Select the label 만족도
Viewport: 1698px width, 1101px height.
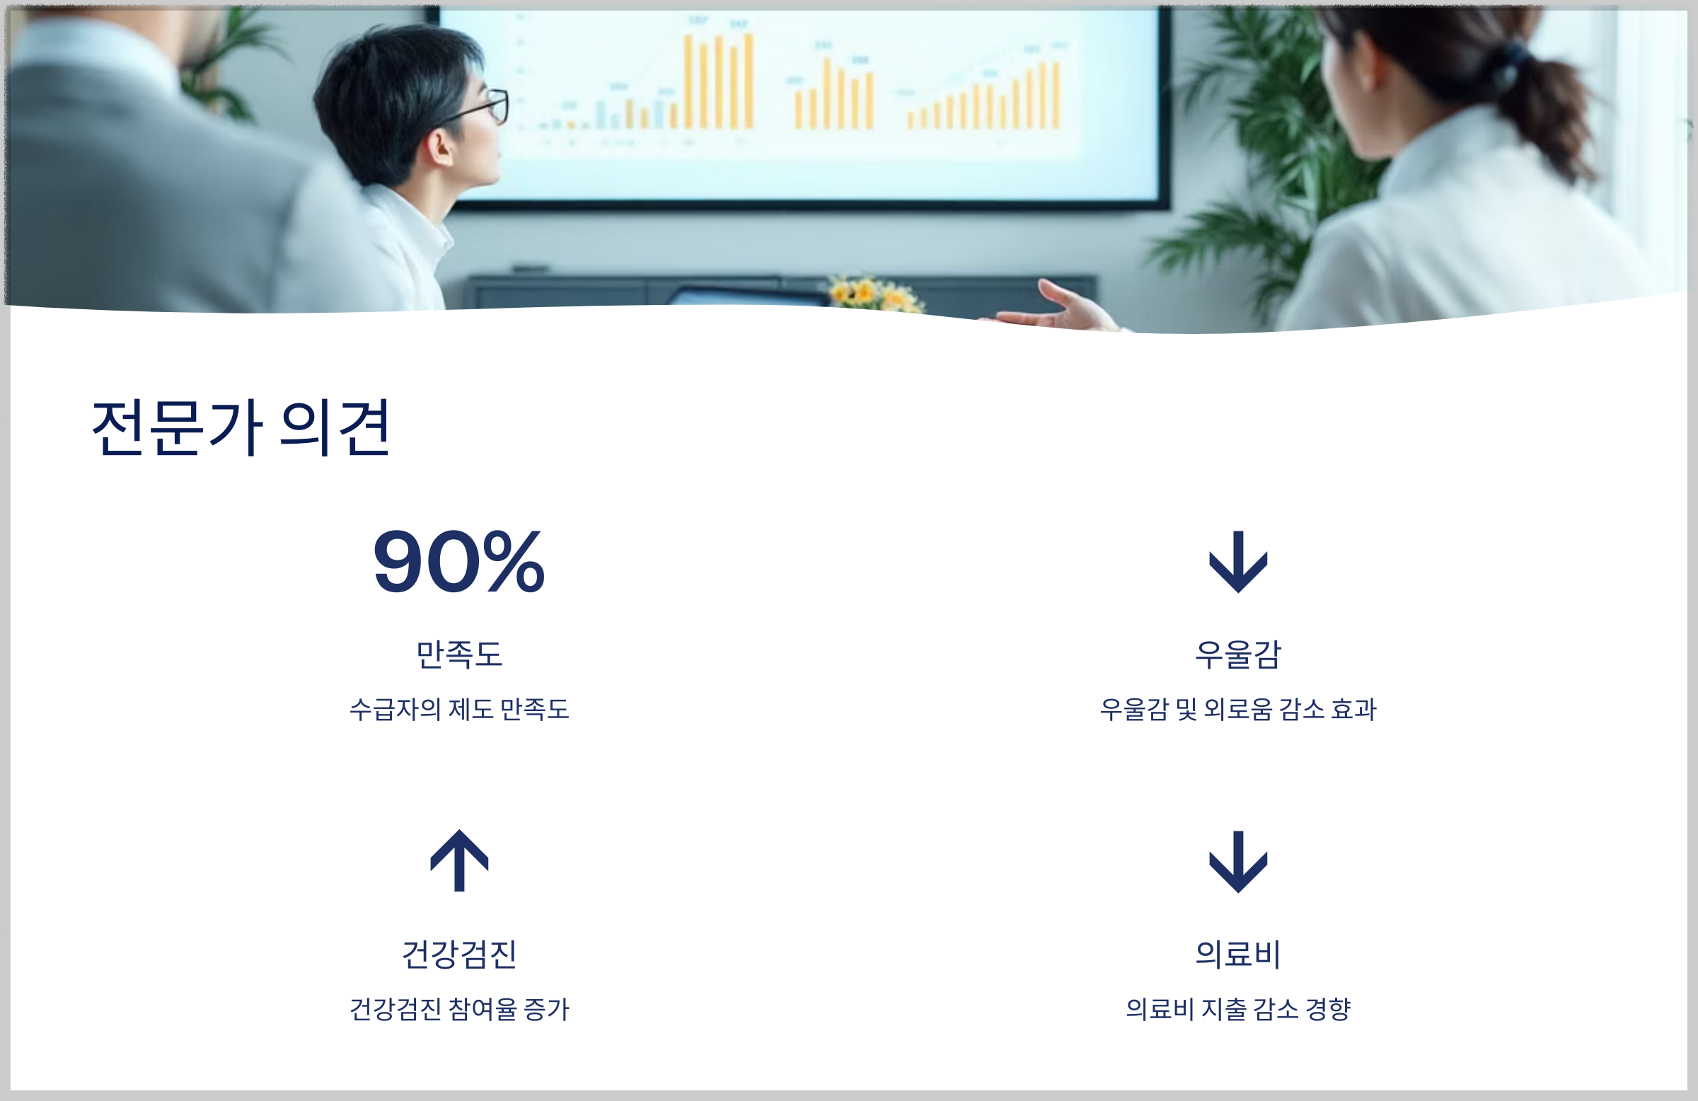458,654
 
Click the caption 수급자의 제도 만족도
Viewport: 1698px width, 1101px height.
458,709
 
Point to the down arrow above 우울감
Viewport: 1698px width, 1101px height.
1238,562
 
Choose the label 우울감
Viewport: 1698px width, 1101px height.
1238,654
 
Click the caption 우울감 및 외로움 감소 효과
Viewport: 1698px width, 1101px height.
1238,709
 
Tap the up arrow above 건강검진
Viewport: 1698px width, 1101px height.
458,861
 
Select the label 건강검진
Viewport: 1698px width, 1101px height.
458,954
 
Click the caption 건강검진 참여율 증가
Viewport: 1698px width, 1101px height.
458,1009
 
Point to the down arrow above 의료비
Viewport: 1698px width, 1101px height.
1238,861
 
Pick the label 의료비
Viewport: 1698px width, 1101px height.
1238,954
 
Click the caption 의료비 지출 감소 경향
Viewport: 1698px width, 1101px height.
1238,1009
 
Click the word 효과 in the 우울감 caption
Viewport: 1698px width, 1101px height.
1353,709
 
